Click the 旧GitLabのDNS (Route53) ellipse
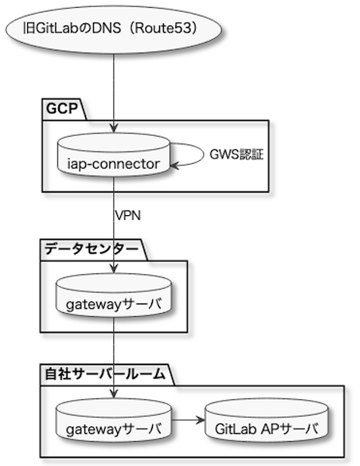[x=114, y=30]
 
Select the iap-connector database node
[x=114, y=155]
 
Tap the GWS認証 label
[x=237, y=155]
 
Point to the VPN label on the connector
[x=127, y=215]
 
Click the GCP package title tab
[x=62, y=109]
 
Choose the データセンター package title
[x=92, y=249]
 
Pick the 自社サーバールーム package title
[x=105, y=374]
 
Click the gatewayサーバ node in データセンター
[x=114, y=295]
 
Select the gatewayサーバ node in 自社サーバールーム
[x=114, y=420]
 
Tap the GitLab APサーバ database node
[x=267, y=420]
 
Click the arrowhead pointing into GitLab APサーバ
[x=201, y=420]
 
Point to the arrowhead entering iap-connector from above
[x=114, y=129]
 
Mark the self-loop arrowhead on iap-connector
[x=175, y=165]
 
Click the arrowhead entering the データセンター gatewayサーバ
[x=114, y=269]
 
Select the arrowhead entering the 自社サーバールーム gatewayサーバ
[x=114, y=394]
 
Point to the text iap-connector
[x=113, y=164]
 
